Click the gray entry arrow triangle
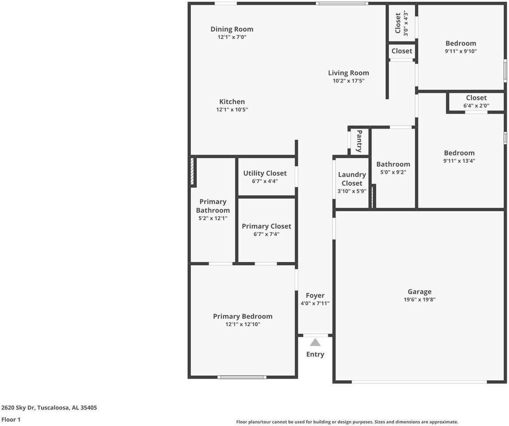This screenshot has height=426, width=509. coord(315,342)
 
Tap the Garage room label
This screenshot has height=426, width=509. coord(419,292)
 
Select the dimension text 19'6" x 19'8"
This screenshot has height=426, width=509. coord(419,300)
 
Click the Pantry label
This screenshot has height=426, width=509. coord(359,141)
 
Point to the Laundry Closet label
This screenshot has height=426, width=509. coord(352,179)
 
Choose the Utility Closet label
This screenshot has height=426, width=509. coord(265,173)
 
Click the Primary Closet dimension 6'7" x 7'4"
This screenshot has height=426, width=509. coord(266,234)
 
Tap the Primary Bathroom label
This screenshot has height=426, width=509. coord(213,206)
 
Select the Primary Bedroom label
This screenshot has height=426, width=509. coord(243,316)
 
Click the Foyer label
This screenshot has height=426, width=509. coord(315,296)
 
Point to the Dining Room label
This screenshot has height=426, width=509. coord(232,29)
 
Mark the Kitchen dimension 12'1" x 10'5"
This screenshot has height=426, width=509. coord(232,110)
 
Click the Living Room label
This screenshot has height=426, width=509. coord(348,73)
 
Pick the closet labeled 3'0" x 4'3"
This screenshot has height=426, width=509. coord(401,23)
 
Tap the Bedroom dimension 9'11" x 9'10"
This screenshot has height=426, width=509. coord(461,51)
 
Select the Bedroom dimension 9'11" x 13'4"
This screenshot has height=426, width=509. coord(459,161)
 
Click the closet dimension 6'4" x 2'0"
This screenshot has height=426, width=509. coord(476,106)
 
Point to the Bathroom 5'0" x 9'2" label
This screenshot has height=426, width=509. coord(393,168)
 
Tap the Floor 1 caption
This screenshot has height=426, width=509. coord(11,419)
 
